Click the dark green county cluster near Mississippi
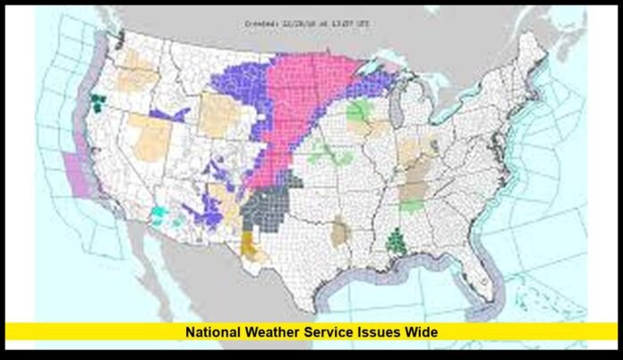[395, 239]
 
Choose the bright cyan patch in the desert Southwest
[158, 214]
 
